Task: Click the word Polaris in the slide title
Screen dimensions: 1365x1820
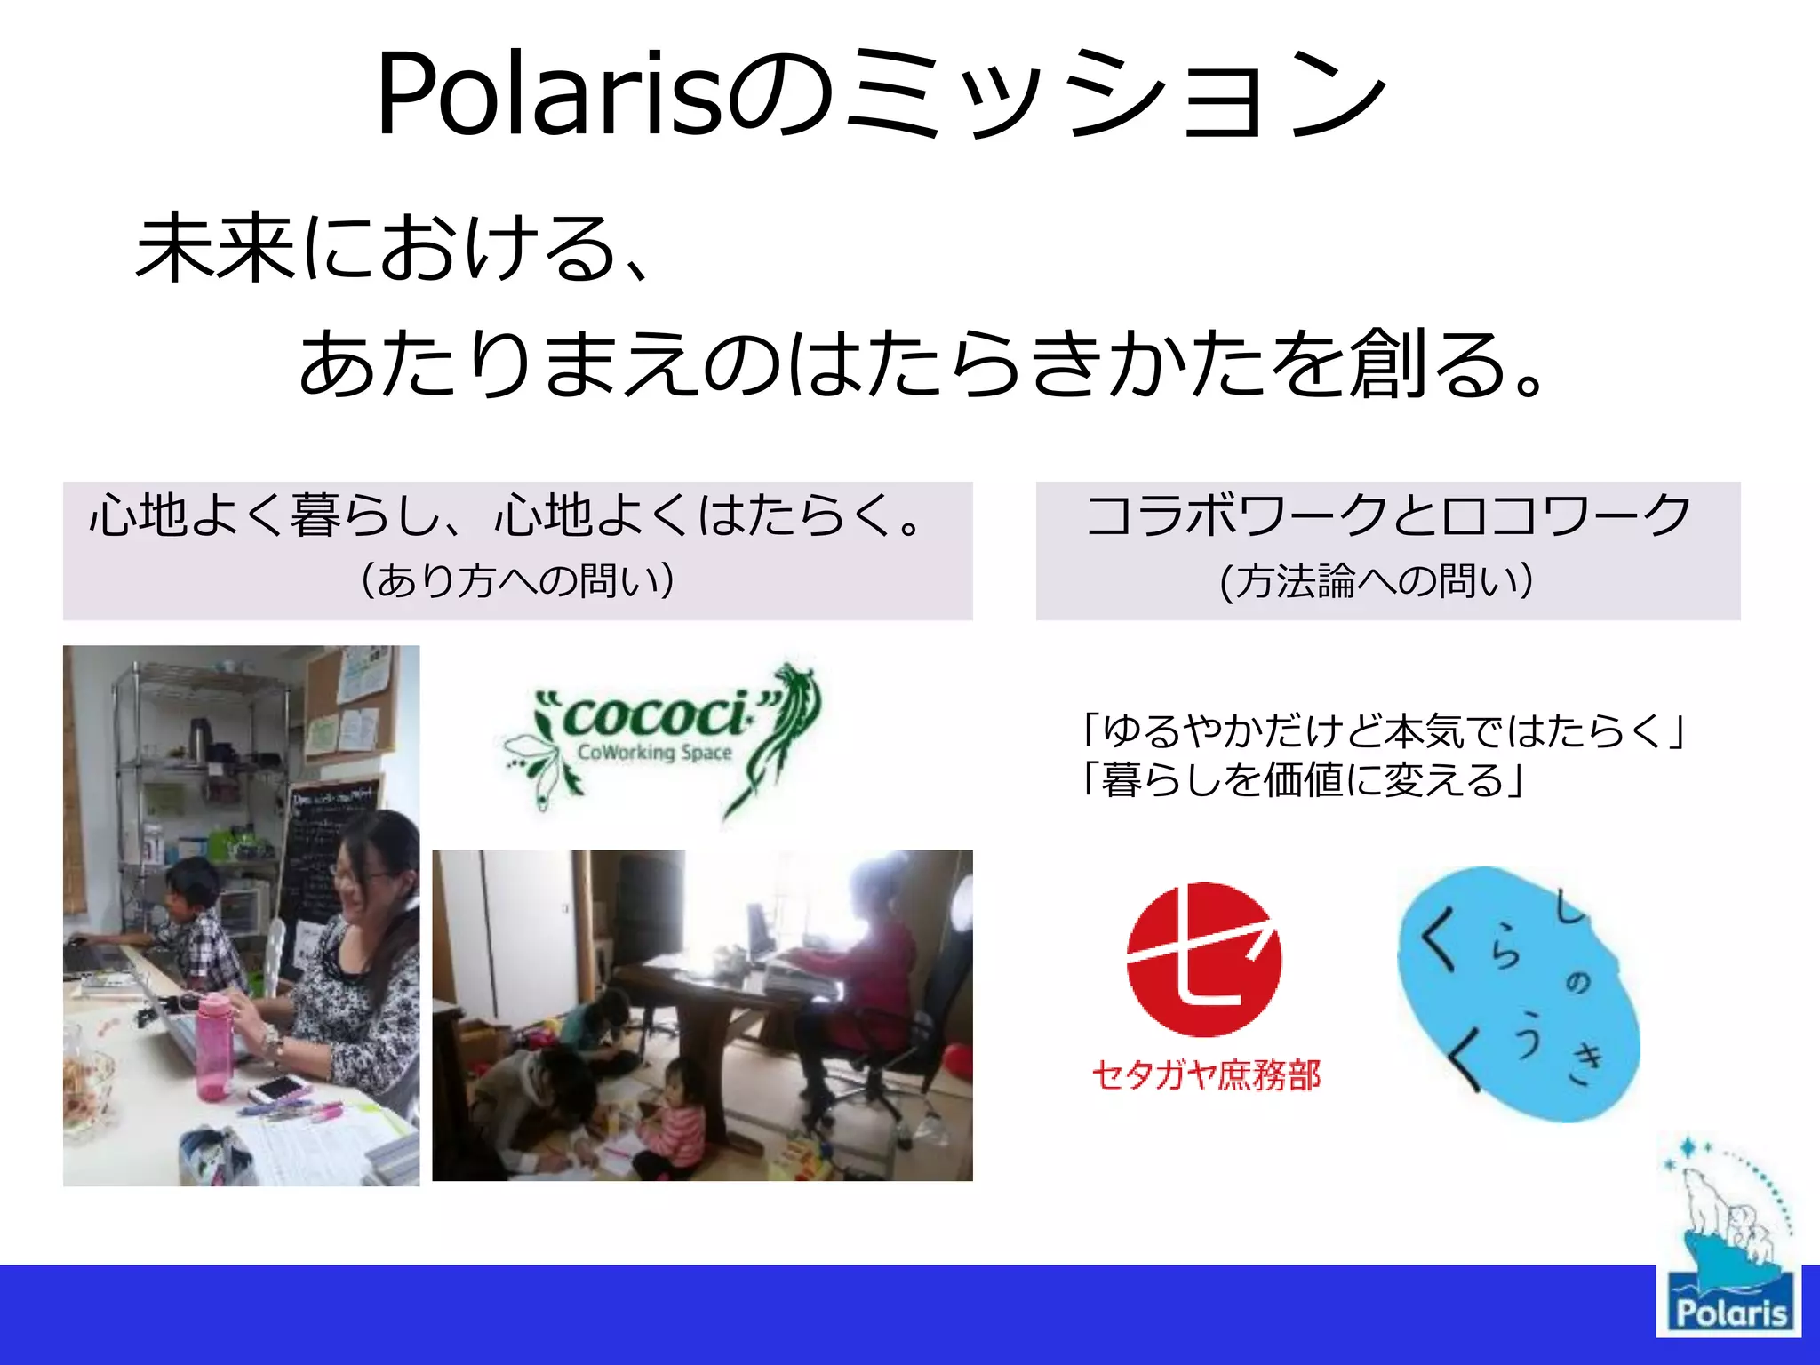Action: [551, 96]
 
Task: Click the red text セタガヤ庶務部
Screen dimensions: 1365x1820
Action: [1206, 1075]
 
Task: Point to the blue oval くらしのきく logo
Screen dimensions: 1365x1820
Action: [1518, 994]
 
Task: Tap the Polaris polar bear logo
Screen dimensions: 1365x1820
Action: [1728, 1244]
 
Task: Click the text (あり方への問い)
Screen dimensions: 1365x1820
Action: [517, 581]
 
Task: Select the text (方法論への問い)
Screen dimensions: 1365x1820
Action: [1377, 581]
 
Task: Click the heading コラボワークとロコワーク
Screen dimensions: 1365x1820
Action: [1387, 515]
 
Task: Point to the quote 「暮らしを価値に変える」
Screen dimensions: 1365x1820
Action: [1303, 780]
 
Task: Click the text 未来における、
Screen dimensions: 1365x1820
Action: [391, 249]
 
